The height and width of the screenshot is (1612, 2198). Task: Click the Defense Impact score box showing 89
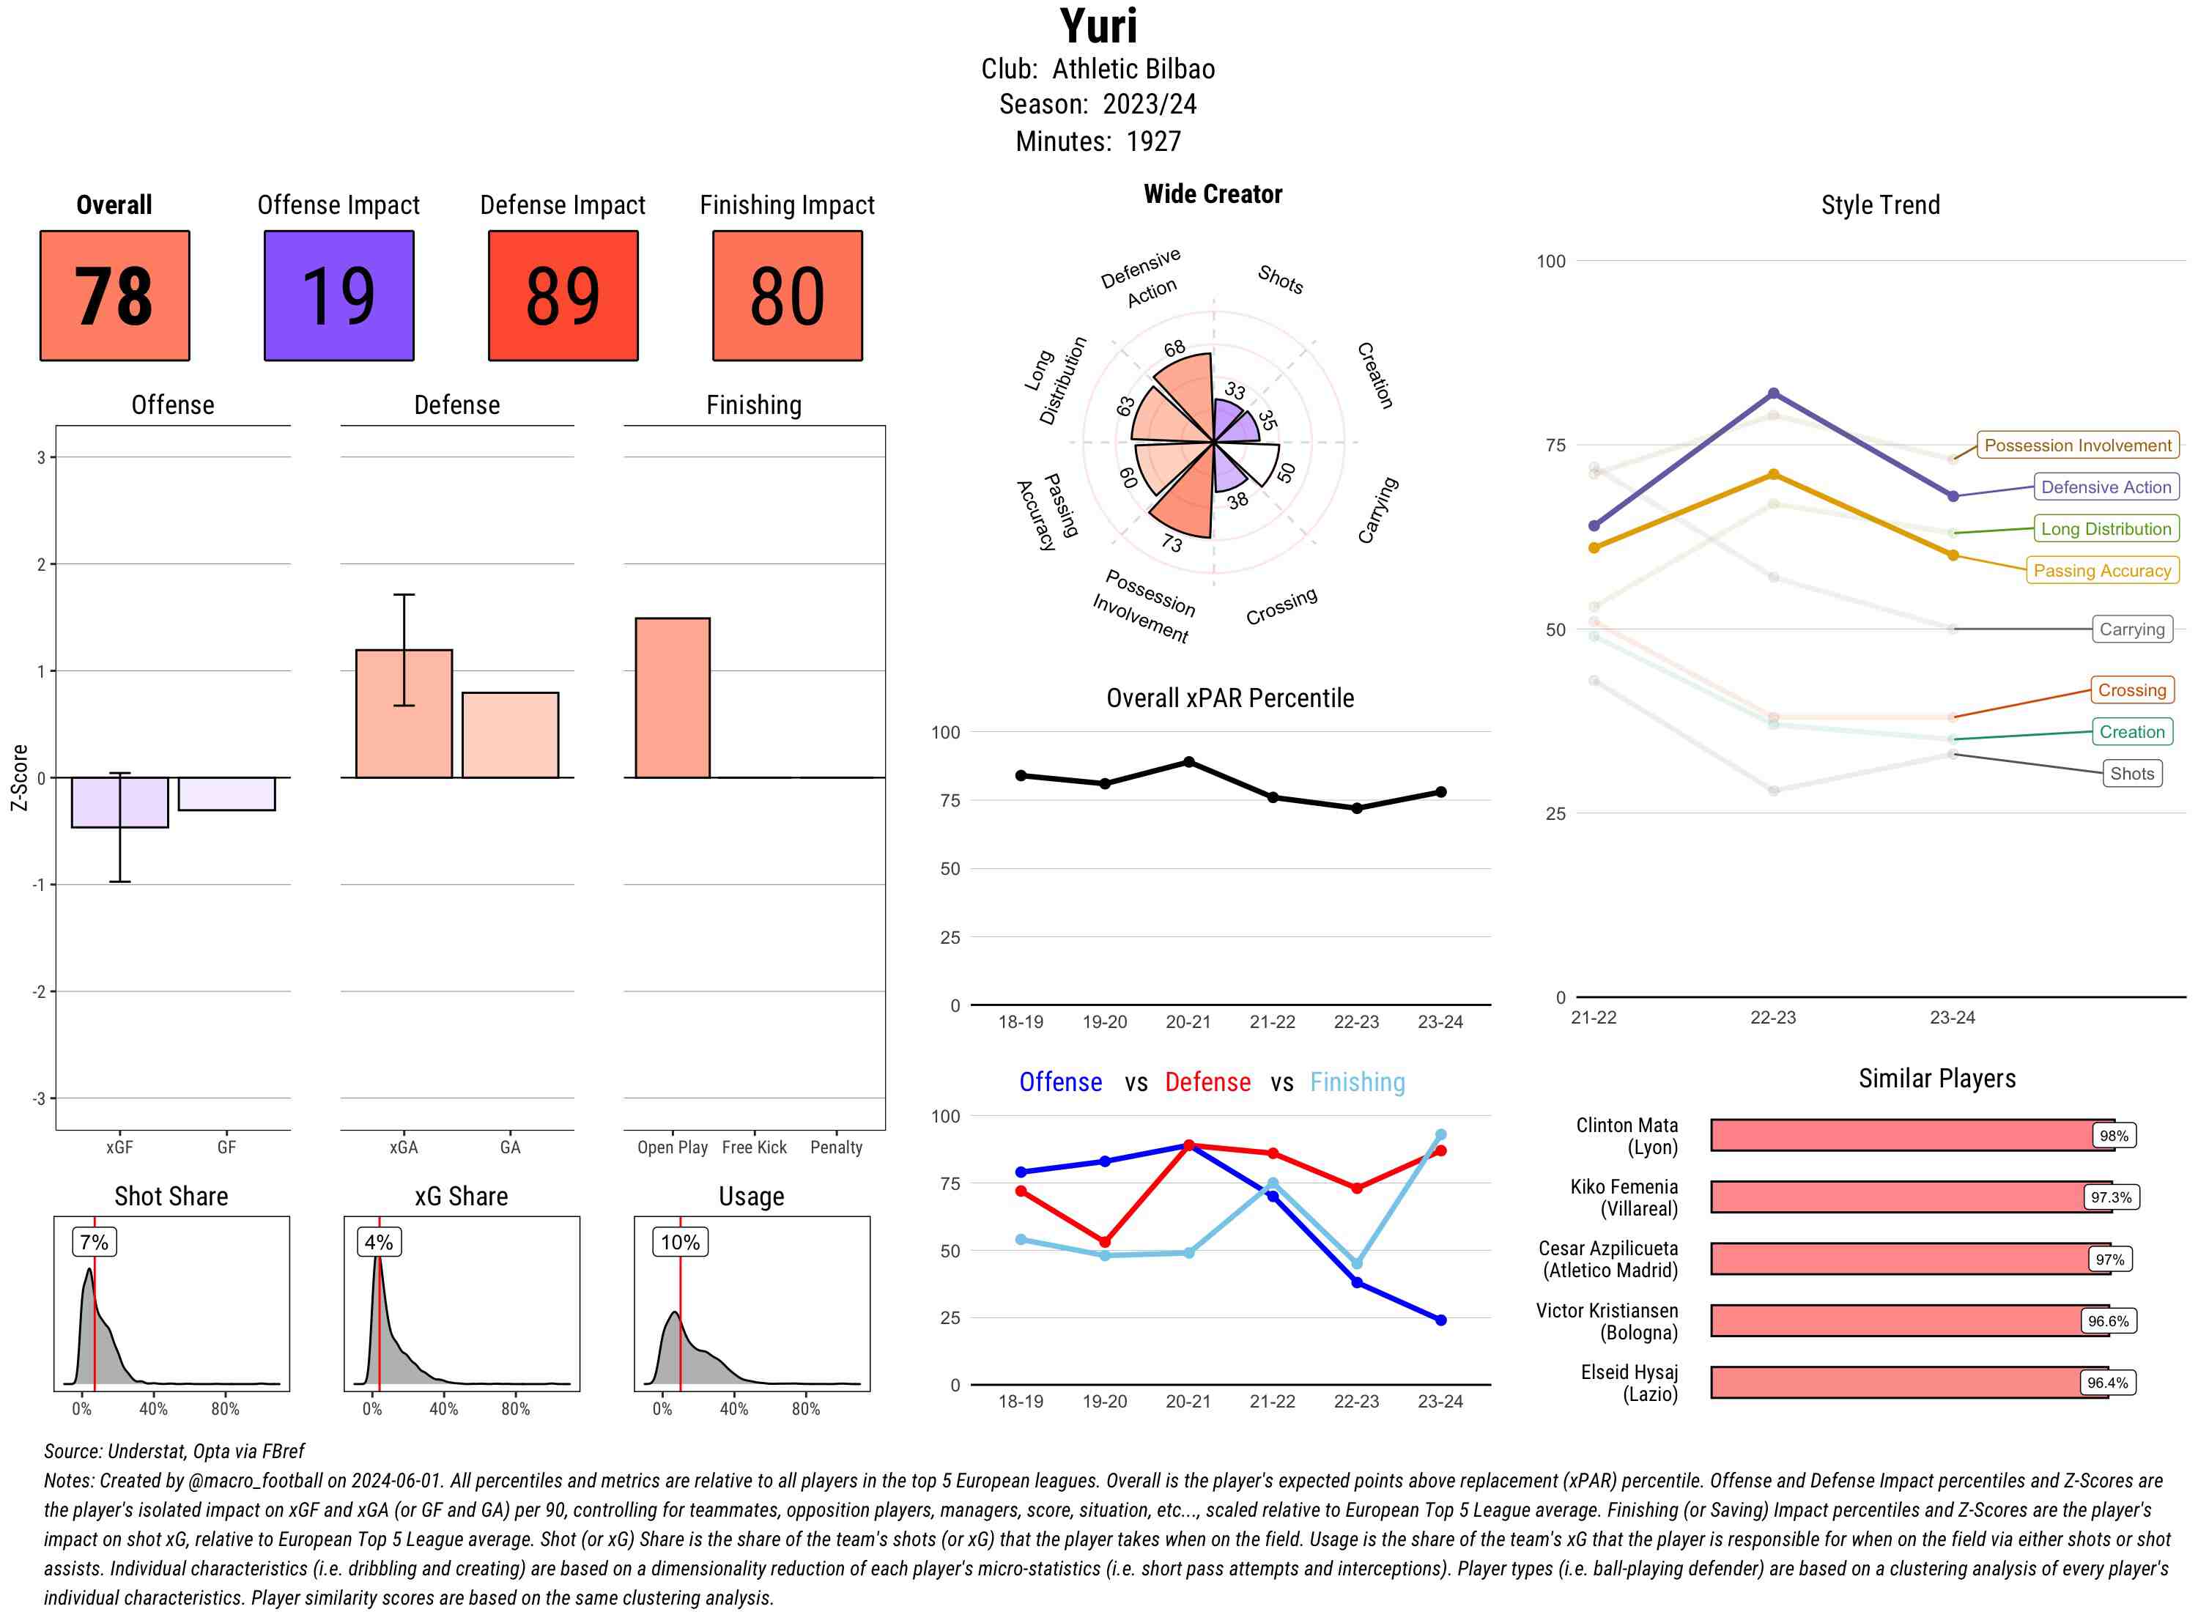[x=563, y=296]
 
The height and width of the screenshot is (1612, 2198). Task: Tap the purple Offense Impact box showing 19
[x=338, y=296]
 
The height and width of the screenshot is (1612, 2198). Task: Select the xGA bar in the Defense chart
[x=404, y=713]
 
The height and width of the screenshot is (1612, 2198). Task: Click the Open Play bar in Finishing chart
[x=672, y=698]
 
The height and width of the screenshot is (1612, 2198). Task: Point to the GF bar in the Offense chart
[x=226, y=794]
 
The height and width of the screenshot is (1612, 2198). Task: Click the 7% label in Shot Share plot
[x=95, y=1242]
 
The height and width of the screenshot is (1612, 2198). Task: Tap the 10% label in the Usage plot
[x=680, y=1242]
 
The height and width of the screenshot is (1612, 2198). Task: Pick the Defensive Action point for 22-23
[x=1772, y=393]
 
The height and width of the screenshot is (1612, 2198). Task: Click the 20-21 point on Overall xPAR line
[x=1188, y=762]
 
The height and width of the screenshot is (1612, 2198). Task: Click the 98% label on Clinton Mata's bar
[x=2113, y=1136]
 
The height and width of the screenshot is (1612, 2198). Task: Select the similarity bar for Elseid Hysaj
[x=1907, y=1383]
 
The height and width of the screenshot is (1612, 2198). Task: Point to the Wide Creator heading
[x=1213, y=194]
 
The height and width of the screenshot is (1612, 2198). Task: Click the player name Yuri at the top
[x=1098, y=26]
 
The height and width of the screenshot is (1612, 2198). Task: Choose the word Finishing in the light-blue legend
[x=1357, y=1082]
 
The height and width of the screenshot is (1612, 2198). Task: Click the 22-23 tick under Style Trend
[x=1772, y=1018]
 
